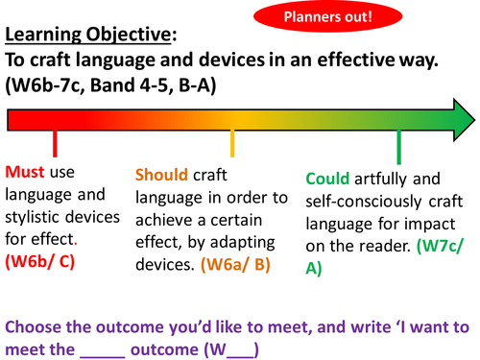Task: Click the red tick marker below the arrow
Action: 56,144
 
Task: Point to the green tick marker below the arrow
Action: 398,148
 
